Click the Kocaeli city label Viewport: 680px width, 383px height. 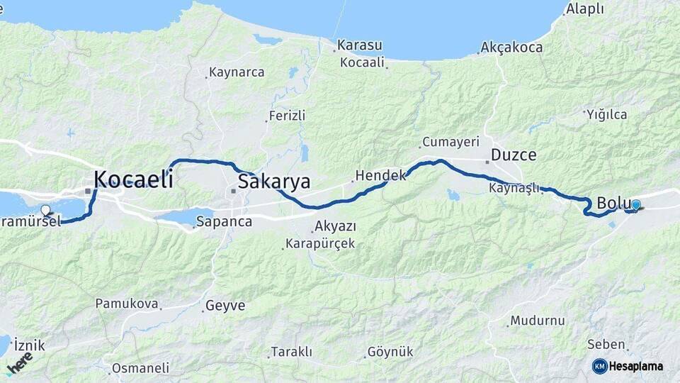[x=133, y=179]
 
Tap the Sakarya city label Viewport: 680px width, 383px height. [x=273, y=182]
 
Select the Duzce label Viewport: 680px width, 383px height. [x=514, y=155]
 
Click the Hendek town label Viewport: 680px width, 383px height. [x=380, y=174]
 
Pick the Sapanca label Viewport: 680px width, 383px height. [x=225, y=221]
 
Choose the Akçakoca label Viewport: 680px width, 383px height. [x=511, y=48]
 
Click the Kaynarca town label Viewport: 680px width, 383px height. [x=237, y=72]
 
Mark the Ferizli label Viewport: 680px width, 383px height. [x=287, y=115]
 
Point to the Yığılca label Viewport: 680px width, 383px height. [x=606, y=113]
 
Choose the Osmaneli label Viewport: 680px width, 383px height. [x=140, y=368]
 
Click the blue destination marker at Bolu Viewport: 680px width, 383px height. [x=635, y=205]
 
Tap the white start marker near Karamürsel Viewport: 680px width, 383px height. [x=46, y=210]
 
